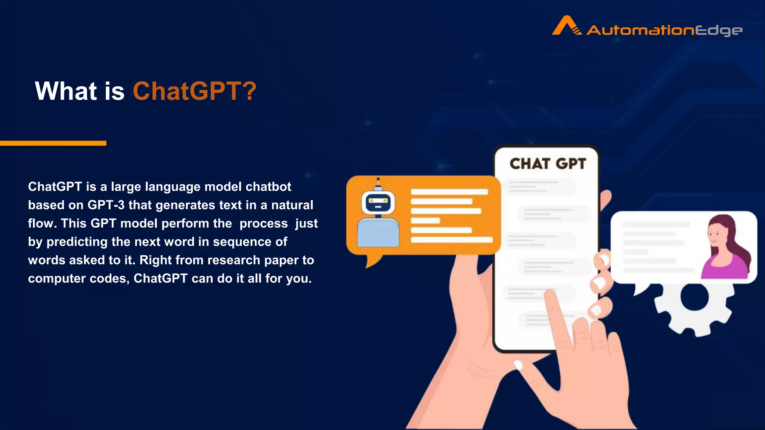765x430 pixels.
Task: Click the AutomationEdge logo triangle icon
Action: coord(566,26)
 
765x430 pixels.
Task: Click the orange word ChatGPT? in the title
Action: coord(195,91)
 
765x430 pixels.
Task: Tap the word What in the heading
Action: coord(66,91)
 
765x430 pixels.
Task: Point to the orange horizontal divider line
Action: coord(53,143)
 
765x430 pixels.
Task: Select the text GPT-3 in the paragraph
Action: coord(106,205)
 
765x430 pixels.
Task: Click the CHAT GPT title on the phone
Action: coord(548,164)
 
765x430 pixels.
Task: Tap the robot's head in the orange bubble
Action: coord(378,203)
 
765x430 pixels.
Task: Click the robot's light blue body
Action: coord(378,233)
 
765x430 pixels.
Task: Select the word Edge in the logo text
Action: coord(719,30)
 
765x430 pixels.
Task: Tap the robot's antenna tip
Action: coord(378,179)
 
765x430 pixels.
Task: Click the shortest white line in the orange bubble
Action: coord(425,221)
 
